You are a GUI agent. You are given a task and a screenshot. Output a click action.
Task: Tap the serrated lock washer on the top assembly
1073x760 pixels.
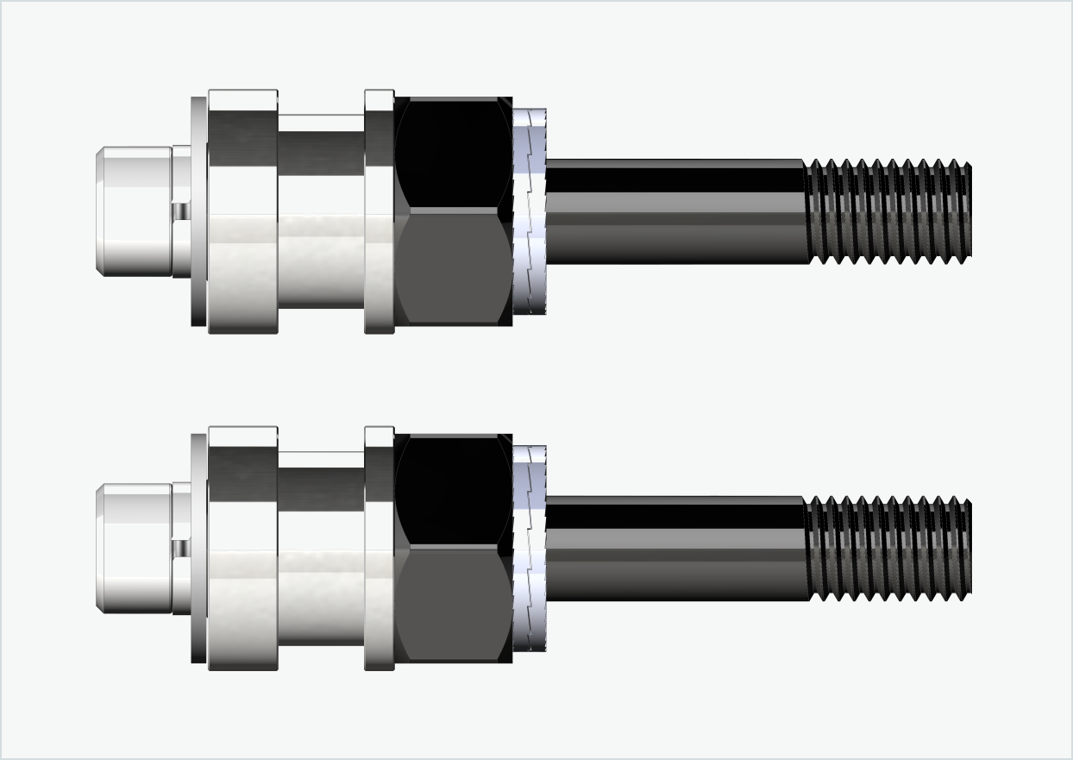530,211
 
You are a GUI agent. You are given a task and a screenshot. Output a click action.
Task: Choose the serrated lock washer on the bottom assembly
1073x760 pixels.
530,549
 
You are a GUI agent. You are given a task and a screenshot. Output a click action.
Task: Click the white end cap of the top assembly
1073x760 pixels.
134,211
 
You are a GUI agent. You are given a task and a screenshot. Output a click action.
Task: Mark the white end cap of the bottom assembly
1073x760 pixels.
134,549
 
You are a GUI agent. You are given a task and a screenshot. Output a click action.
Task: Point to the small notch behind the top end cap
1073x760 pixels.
180,211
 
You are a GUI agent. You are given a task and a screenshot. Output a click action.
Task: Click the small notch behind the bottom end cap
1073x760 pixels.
180,549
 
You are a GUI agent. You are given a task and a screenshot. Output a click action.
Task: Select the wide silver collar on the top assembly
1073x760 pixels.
242,211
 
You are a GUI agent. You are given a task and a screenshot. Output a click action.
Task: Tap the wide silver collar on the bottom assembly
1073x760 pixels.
242,549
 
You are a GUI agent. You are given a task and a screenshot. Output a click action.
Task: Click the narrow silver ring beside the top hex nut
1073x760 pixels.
379,211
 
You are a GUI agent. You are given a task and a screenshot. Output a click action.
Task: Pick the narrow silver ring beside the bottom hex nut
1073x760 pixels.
379,549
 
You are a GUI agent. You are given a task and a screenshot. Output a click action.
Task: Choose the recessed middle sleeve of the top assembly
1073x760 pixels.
321,211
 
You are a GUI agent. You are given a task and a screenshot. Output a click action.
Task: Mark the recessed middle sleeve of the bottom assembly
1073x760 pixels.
321,549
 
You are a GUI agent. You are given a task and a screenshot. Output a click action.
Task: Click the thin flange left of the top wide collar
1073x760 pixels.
198,211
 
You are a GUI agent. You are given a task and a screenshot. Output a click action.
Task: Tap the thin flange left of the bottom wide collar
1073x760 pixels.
198,549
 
